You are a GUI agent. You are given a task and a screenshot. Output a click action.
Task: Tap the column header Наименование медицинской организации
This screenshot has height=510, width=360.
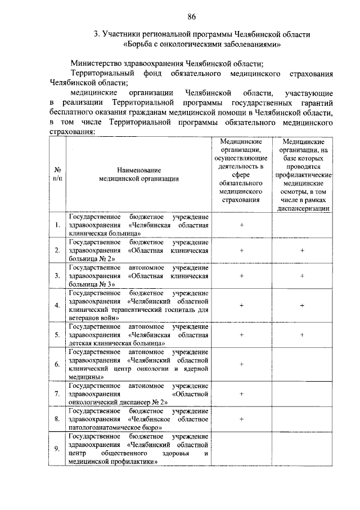click(x=139, y=174)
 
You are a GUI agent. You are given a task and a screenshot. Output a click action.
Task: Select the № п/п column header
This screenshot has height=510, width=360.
click(x=57, y=174)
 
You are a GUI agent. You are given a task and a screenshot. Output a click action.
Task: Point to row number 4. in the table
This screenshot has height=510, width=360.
click(x=57, y=305)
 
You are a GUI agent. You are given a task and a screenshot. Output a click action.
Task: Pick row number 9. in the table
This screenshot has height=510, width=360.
click(x=57, y=448)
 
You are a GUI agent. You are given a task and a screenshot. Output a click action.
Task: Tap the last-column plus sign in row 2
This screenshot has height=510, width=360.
click(x=302, y=250)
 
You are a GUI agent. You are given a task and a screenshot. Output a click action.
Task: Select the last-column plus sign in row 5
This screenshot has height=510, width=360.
click(x=302, y=334)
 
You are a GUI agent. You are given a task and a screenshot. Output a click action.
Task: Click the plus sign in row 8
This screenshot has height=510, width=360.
click(x=241, y=419)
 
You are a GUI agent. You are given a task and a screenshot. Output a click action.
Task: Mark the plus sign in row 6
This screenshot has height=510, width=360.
click(x=241, y=364)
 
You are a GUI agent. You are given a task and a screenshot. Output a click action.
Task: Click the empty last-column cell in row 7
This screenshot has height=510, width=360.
click(x=302, y=394)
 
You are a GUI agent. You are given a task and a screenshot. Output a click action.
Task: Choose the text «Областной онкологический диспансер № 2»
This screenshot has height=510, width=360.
click(x=138, y=398)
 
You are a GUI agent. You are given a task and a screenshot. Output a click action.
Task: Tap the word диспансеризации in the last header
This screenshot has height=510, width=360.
click(x=303, y=207)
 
